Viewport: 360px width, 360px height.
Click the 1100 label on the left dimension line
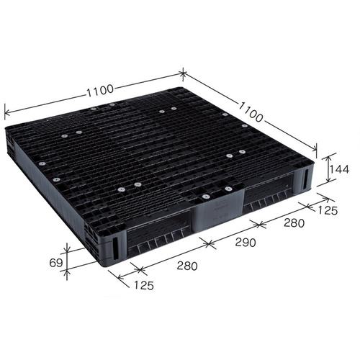(99, 91)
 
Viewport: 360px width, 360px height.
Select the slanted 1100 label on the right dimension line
(250, 112)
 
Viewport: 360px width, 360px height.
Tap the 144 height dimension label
(338, 169)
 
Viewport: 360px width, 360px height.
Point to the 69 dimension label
(56, 263)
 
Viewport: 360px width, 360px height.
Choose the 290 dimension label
(246, 243)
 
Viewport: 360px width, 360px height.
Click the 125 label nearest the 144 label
(328, 210)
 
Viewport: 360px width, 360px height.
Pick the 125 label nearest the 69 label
(143, 285)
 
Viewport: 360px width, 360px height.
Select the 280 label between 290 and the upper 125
(294, 223)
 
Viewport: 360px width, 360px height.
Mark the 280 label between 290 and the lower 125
(187, 266)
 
